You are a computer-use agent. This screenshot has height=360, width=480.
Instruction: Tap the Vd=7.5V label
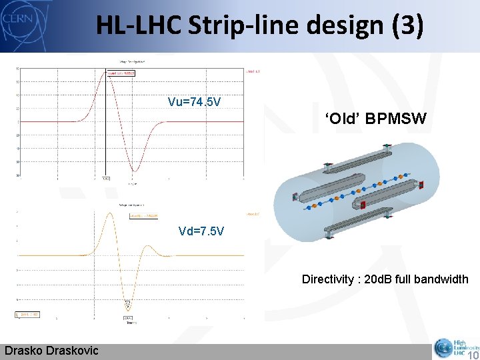[201, 231]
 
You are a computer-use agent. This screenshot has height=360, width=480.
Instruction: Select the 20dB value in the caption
[383, 279]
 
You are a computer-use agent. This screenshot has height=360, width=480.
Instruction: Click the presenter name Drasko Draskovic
[51, 351]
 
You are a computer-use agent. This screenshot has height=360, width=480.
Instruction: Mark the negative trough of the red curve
[134, 171]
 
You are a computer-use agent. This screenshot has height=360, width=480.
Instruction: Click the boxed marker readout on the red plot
[121, 73]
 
